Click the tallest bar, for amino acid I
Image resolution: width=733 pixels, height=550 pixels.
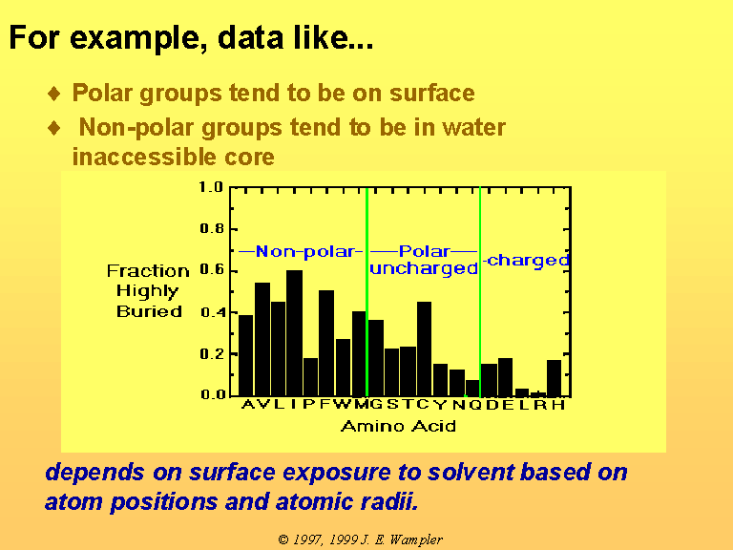(294, 333)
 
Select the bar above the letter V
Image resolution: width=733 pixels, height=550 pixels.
(262, 339)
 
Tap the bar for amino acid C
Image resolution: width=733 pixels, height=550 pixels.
(424, 349)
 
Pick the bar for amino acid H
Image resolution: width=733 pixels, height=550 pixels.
(554, 378)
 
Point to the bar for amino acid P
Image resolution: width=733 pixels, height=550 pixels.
(310, 377)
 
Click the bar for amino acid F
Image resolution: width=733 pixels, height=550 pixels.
(326, 343)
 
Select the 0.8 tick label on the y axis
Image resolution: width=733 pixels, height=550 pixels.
(212, 229)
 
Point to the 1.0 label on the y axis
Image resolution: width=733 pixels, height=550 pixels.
(211, 187)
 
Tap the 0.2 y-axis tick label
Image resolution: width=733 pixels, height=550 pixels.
(212, 354)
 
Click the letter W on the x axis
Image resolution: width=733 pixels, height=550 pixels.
(343, 405)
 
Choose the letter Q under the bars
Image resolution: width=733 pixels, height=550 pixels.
(475, 405)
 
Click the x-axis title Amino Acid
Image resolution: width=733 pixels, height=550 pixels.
(398, 427)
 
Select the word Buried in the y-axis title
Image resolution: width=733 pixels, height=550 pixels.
(149, 311)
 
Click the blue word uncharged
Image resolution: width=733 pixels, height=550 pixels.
(424, 269)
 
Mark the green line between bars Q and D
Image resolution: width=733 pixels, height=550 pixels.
(480, 292)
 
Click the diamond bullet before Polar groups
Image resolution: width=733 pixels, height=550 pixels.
(54, 93)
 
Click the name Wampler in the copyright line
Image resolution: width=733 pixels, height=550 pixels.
(415, 540)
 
